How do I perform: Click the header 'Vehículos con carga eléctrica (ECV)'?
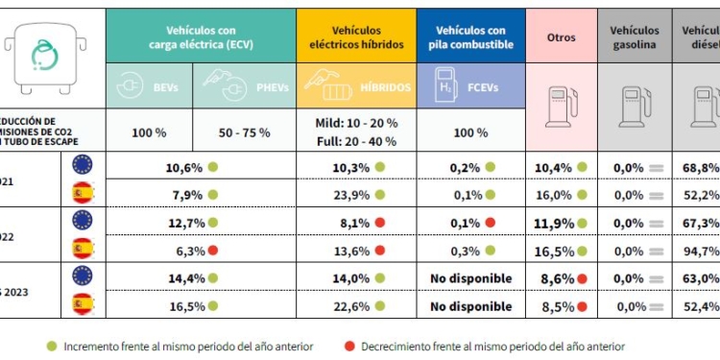pyautogui.click(x=201, y=37)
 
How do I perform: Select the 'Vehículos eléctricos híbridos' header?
pyautogui.click(x=356, y=37)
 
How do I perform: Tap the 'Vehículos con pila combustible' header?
pyautogui.click(x=470, y=37)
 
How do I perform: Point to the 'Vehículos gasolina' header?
pyautogui.click(x=634, y=37)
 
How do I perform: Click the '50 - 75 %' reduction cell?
pyautogui.click(x=246, y=132)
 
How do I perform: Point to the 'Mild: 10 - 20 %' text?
pyautogui.click(x=356, y=123)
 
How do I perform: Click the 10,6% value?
pyautogui.click(x=183, y=167)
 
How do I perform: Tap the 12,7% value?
pyautogui.click(x=183, y=223)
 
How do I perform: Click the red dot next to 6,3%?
pyautogui.click(x=213, y=252)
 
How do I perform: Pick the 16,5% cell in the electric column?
pyautogui.click(x=183, y=307)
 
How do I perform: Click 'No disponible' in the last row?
pyautogui.click(x=470, y=307)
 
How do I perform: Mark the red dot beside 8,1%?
pyautogui.click(x=381, y=223)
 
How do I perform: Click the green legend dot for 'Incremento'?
pyautogui.click(x=51, y=346)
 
